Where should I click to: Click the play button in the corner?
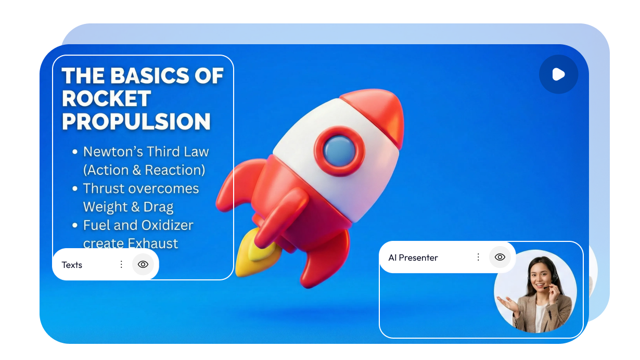pyautogui.click(x=558, y=74)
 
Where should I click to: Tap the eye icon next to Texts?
pyautogui.click(x=143, y=264)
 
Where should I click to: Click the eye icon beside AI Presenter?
pyautogui.click(x=500, y=257)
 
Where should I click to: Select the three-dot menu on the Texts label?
pyautogui.click(x=121, y=264)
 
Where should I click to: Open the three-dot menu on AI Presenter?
pyautogui.click(x=478, y=257)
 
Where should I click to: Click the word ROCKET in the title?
pyautogui.click(x=106, y=98)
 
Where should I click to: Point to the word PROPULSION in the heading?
pyautogui.click(x=136, y=121)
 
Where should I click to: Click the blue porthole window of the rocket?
pyautogui.click(x=339, y=151)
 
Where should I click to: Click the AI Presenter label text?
pyautogui.click(x=413, y=258)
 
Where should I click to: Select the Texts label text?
pyautogui.click(x=72, y=265)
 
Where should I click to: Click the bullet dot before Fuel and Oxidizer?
pyautogui.click(x=75, y=225)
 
